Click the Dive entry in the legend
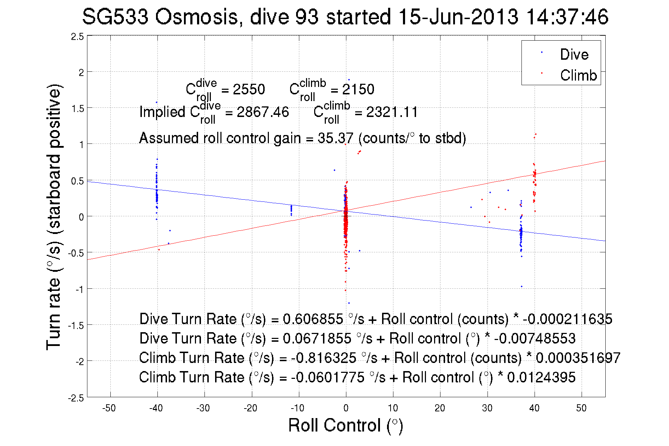click(x=574, y=54)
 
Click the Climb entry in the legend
click(x=578, y=75)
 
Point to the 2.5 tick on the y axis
click(x=77, y=37)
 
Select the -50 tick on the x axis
click(x=109, y=408)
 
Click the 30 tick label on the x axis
click(x=487, y=408)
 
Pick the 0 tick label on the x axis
click(x=346, y=408)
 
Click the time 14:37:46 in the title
click(x=567, y=17)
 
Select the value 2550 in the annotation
click(x=249, y=89)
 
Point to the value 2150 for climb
click(x=358, y=89)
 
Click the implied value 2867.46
click(x=263, y=112)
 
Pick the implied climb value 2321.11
click(x=392, y=112)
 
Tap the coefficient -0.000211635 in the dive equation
click(x=567, y=319)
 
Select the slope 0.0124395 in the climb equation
click(x=541, y=377)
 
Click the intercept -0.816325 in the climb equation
click(x=324, y=358)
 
